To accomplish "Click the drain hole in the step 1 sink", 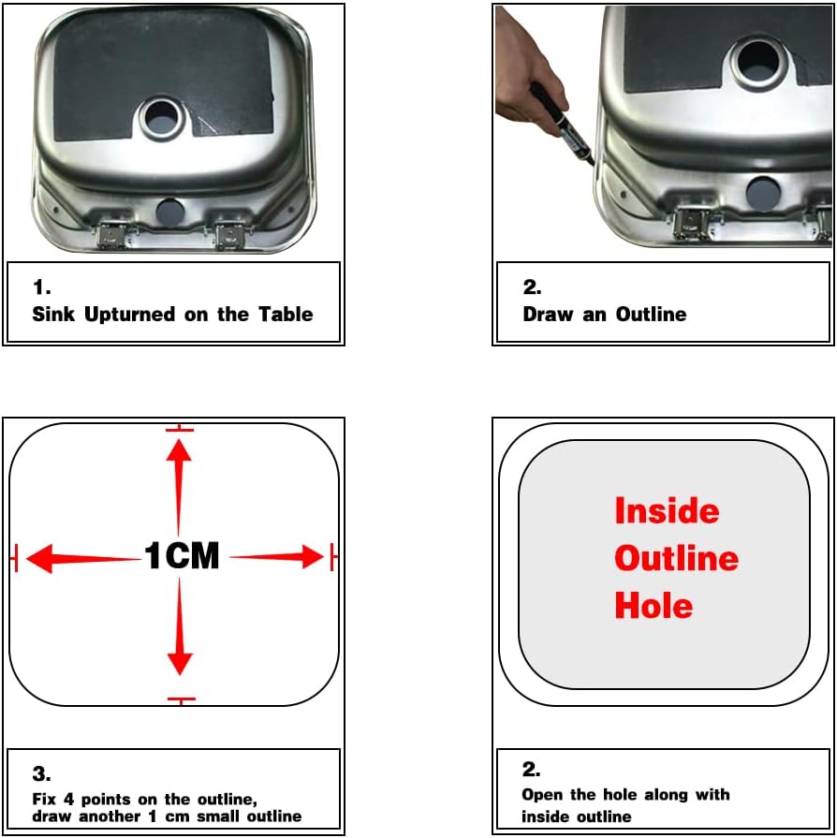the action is (161, 119).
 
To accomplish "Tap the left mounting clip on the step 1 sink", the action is (112, 235).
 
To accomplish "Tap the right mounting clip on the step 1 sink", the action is (229, 236).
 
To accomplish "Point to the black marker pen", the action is (564, 125).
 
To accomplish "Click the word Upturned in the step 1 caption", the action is (130, 315).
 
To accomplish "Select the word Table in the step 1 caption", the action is (286, 314).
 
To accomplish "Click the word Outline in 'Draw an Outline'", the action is (651, 314).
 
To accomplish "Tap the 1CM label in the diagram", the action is (182, 555).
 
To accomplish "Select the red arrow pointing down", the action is (180, 626).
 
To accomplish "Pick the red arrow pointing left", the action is (83, 558).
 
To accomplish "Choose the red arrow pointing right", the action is (277, 556).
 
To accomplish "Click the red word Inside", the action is (667, 510).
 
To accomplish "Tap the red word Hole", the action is (653, 605).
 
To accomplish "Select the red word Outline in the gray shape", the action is (677, 558).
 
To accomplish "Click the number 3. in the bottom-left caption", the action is (42, 773).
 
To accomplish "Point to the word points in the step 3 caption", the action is (106, 800).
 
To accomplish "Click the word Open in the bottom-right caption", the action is (542, 795).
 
